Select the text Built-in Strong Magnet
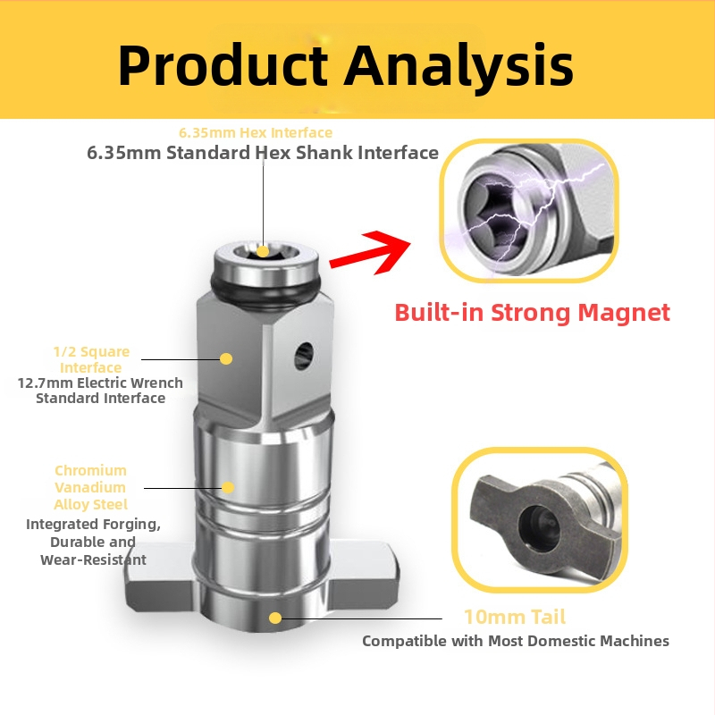[x=533, y=313]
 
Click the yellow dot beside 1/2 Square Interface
[x=226, y=358]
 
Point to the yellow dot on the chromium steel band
[x=228, y=487]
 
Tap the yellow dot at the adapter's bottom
[x=275, y=618]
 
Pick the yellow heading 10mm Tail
[x=514, y=618]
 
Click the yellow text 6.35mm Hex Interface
[x=256, y=132]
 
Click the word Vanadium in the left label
[x=90, y=487]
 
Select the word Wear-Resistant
[x=93, y=559]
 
